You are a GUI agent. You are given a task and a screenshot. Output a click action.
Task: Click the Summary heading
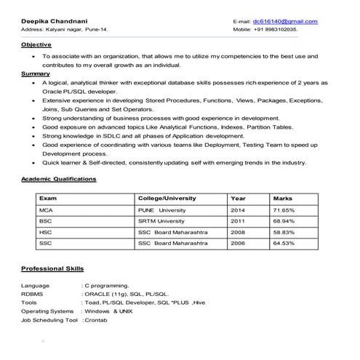pos(36,73)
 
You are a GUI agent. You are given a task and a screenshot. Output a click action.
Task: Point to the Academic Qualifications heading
pos(59,178)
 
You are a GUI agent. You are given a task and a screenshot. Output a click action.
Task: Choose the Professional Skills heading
pos(53,268)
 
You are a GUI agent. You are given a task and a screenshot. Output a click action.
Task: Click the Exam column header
pos(48,198)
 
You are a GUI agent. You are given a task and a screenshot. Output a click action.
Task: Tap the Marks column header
pos(282,198)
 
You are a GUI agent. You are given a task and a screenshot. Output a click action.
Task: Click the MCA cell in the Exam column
pos(46,209)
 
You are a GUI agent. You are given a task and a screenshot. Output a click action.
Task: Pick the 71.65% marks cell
pos(284,209)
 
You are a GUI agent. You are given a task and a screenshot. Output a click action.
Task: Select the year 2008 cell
pos(238,231)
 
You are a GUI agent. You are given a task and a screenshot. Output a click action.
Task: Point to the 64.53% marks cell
pos(284,242)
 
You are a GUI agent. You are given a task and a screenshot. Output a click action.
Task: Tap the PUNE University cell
pos(162,209)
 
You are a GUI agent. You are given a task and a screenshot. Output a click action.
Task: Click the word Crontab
pos(96,320)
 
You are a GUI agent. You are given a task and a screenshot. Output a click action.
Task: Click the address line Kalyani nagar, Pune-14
pos(64,30)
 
